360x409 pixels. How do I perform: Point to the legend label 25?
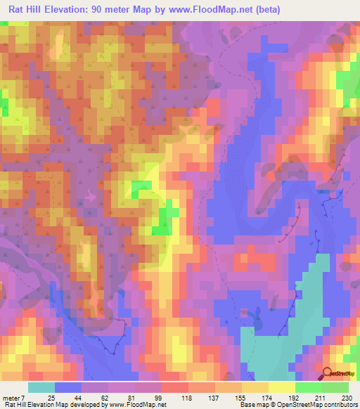tap(51, 398)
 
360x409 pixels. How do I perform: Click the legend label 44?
tap(79, 398)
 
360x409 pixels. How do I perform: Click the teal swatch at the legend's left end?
tap(41, 387)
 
